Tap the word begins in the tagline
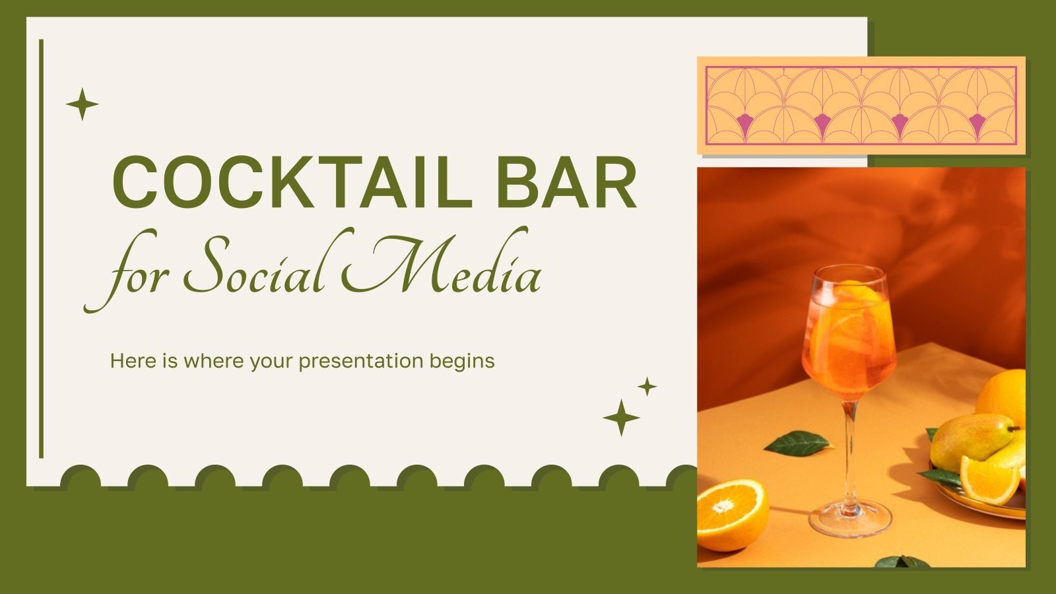tap(461, 362)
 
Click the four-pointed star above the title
tap(82, 104)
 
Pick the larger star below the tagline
tap(621, 418)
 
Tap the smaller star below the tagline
tap(647, 386)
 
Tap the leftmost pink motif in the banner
tap(744, 123)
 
